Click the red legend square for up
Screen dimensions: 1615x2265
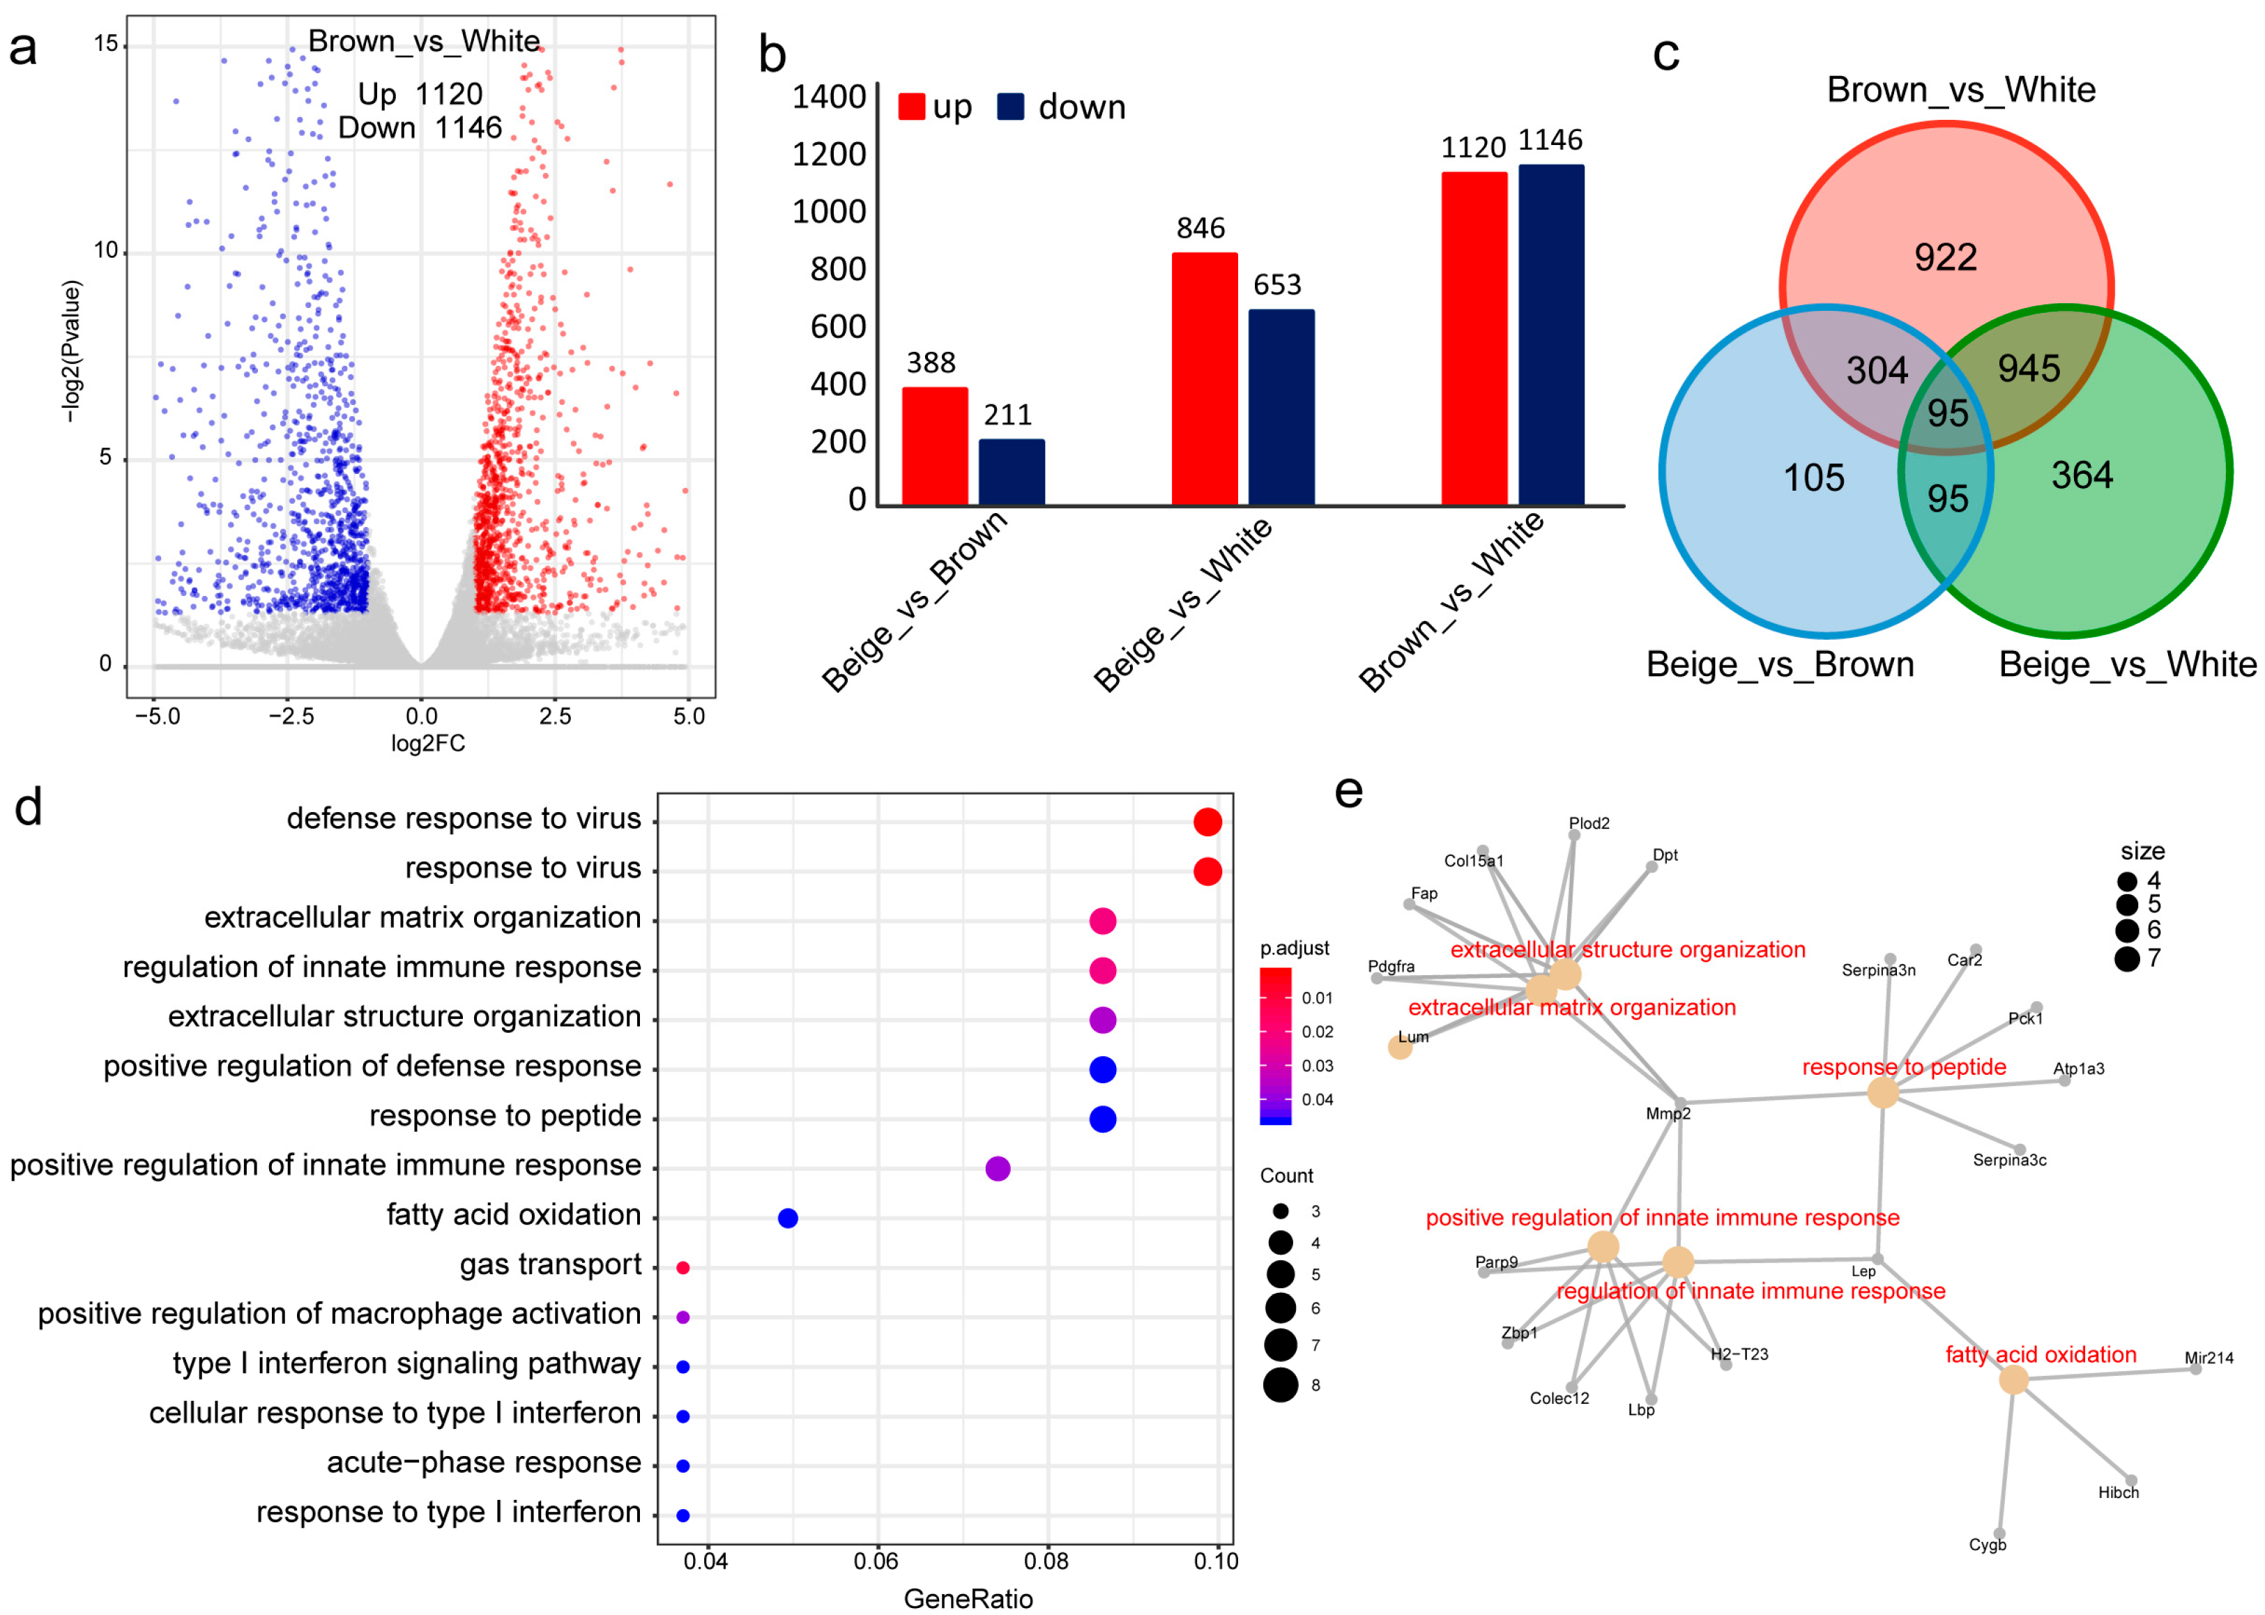click(x=910, y=107)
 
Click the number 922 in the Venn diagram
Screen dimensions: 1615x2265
click(x=1945, y=258)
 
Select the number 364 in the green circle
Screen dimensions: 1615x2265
click(x=2081, y=475)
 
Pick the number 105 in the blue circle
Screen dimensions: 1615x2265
click(x=1813, y=478)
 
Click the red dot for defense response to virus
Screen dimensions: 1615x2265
click(x=1207, y=821)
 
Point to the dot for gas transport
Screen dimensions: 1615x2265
click(x=682, y=1267)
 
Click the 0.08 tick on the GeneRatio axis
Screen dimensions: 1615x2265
click(x=1046, y=1561)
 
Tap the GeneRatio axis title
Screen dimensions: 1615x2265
click(x=967, y=1598)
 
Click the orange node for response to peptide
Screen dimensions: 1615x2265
click(x=1882, y=1093)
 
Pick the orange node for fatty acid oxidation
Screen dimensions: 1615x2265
click(x=2013, y=1379)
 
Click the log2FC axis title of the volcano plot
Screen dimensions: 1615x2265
click(x=428, y=744)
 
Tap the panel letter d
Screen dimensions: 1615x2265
click(x=28, y=807)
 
